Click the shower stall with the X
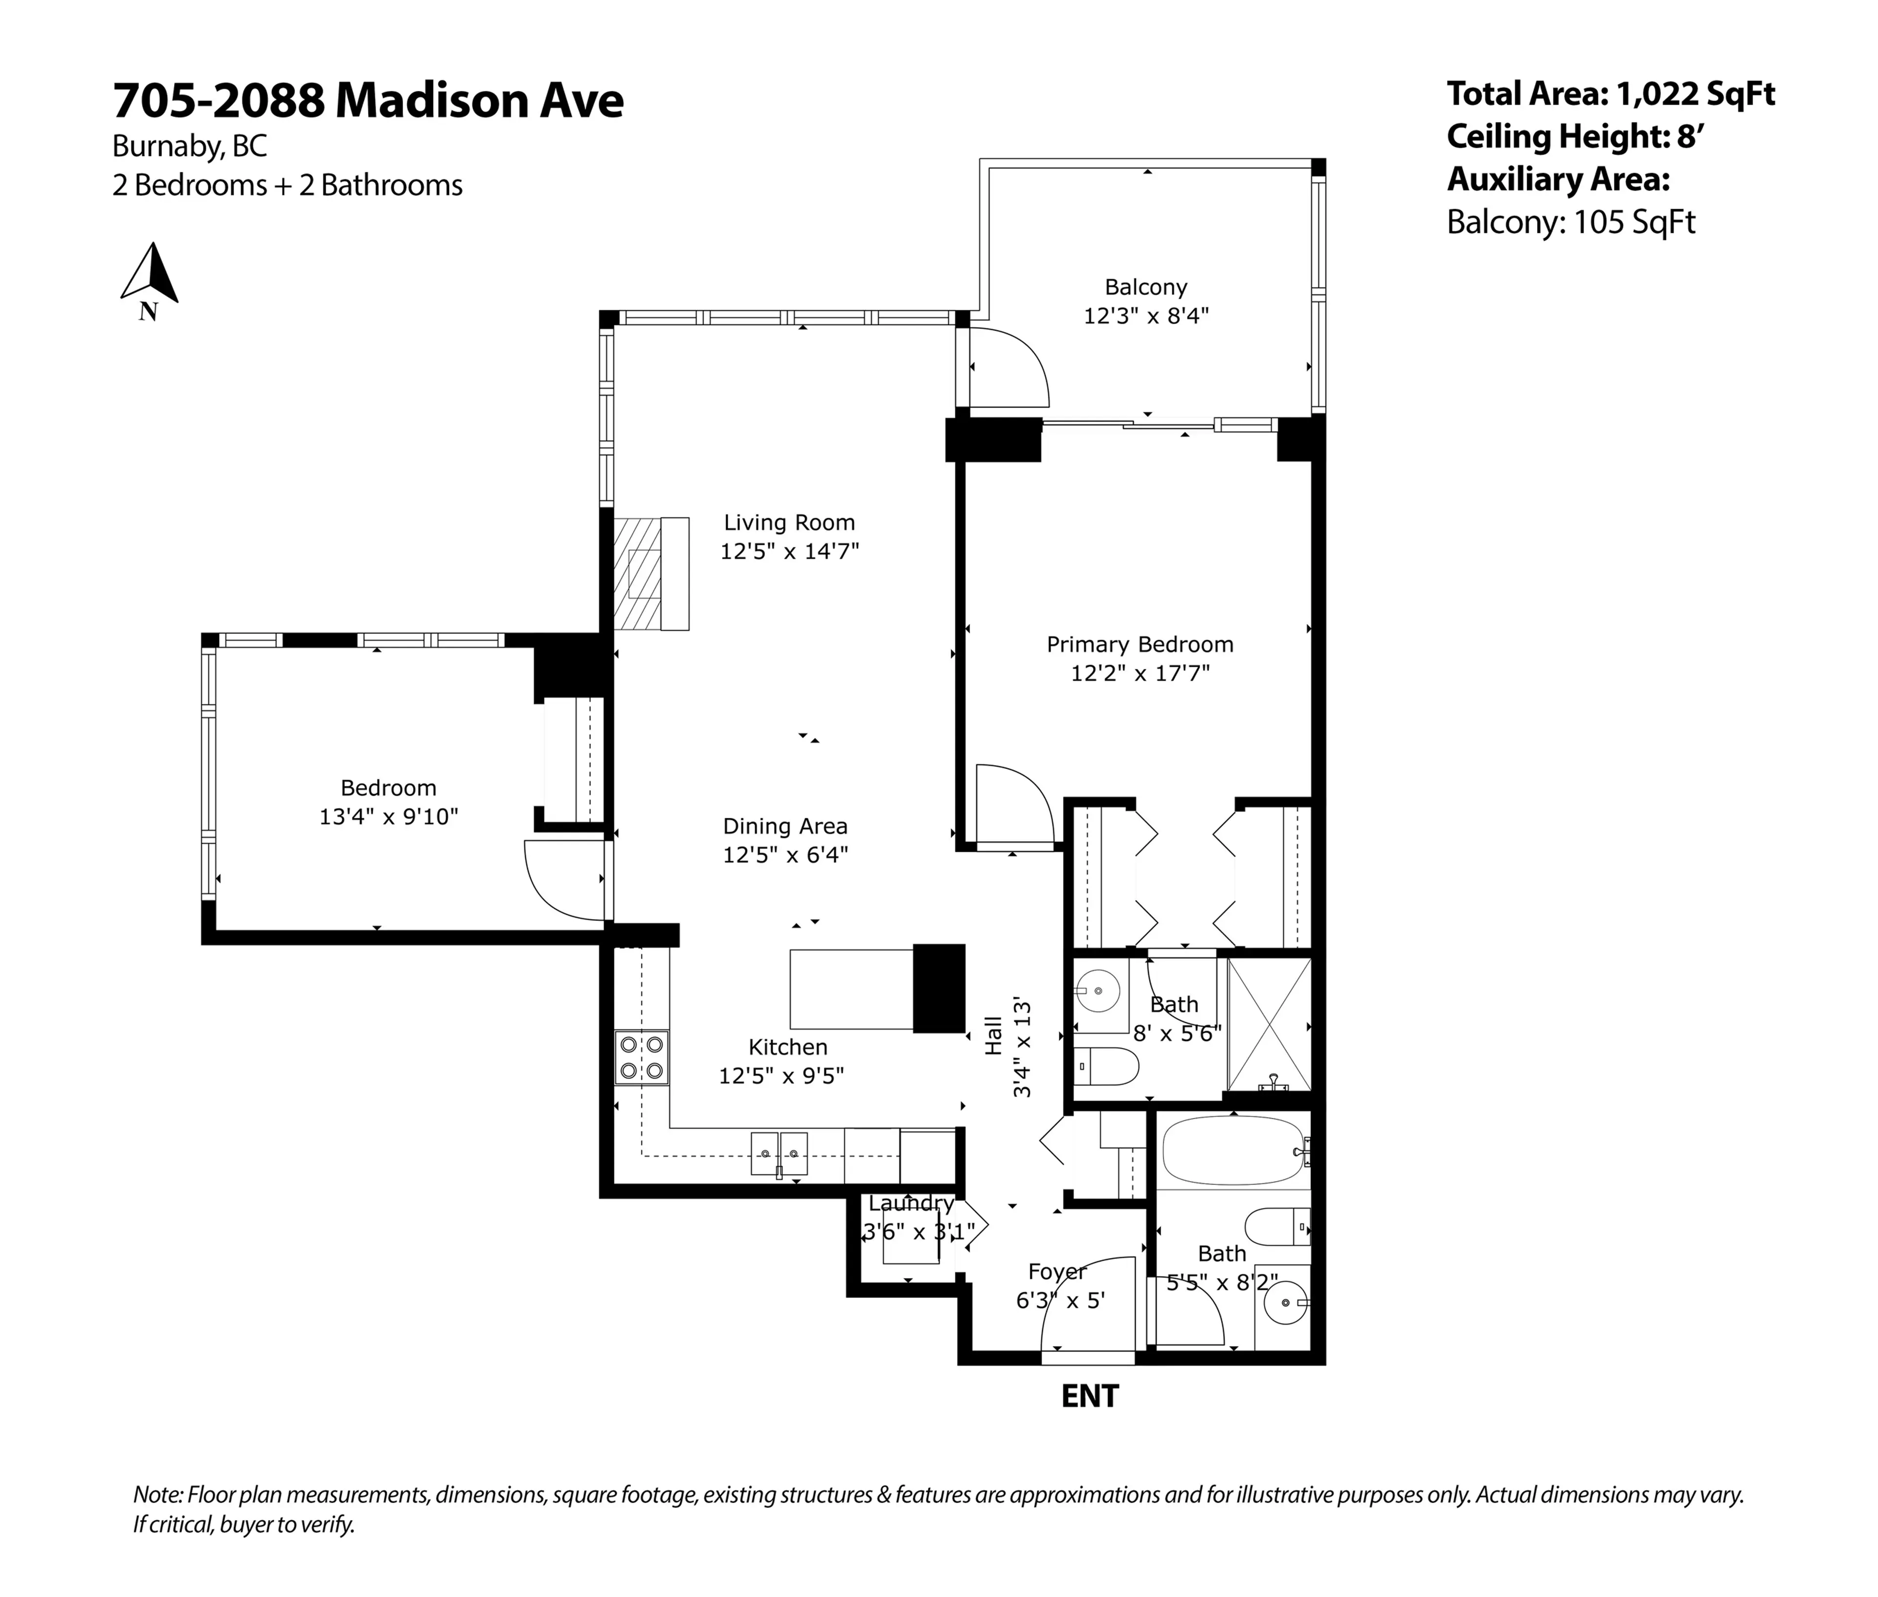point(1269,1024)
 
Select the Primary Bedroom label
point(1140,645)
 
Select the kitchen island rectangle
point(851,989)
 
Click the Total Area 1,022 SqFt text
point(1610,93)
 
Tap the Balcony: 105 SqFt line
point(1570,222)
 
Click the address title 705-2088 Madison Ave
point(367,100)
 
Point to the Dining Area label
point(784,827)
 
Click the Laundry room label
point(911,1203)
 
